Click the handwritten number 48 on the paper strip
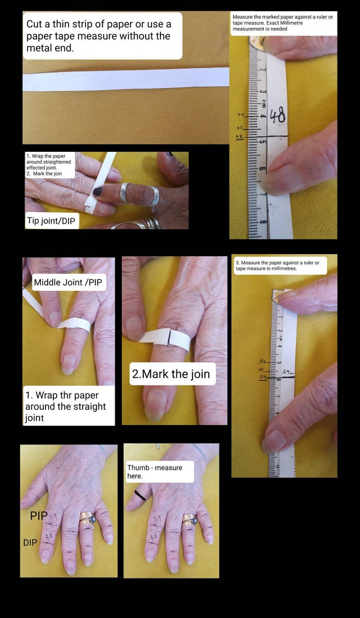tap(277, 116)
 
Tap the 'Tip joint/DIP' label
tap(52, 222)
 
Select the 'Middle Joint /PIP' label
tap(68, 283)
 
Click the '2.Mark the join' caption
tap(171, 374)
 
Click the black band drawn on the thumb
tap(140, 496)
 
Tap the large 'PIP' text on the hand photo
tap(39, 516)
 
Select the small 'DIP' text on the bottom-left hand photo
tap(30, 542)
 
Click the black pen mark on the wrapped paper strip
tap(168, 338)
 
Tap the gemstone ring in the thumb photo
tap(190, 520)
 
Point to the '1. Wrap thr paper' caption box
tap(69, 406)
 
